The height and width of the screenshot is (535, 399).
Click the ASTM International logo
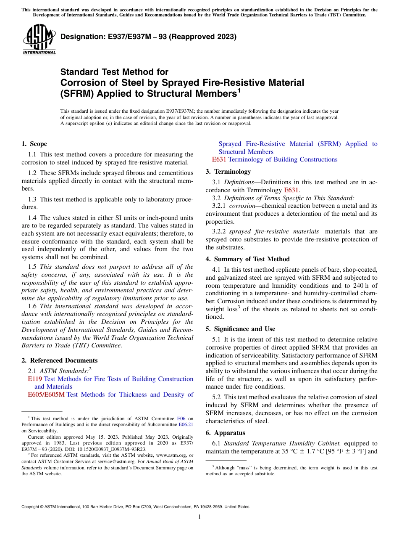tap(39, 40)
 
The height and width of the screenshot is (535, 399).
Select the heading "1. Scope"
tap(34, 144)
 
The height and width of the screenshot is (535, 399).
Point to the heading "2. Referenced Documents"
tap(59, 360)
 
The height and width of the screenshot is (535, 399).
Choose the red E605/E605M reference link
tap(46, 395)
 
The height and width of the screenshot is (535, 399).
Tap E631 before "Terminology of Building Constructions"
tap(219, 159)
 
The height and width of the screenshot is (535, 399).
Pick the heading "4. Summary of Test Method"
tap(247, 259)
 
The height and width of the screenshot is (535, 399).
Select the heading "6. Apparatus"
tap(225, 433)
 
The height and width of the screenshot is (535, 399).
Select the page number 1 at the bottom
tap(199, 517)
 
